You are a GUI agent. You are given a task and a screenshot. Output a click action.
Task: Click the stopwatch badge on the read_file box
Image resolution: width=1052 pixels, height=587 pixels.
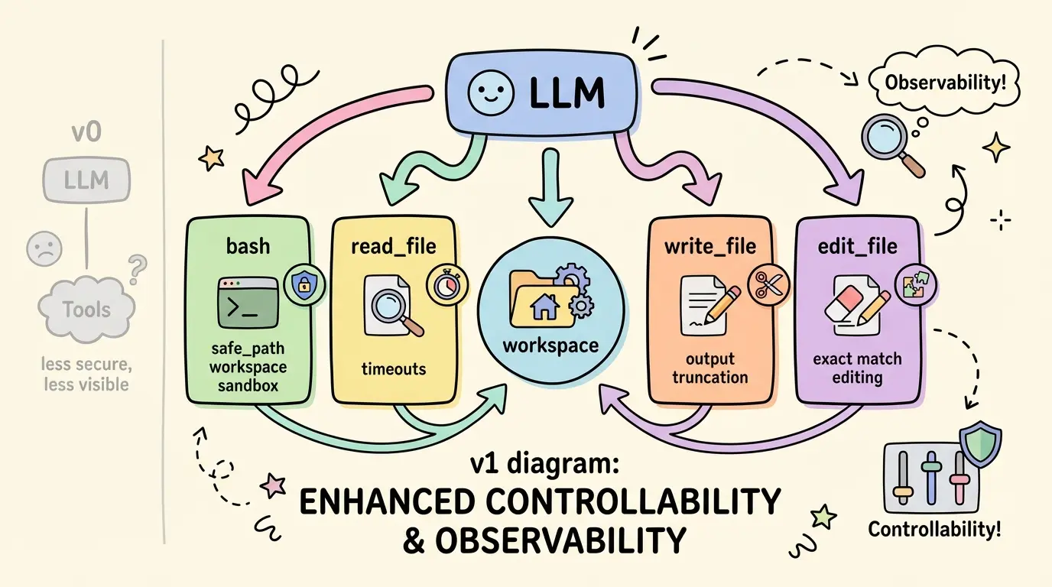point(444,284)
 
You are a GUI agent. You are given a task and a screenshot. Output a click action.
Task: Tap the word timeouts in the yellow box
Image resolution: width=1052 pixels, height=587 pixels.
point(394,368)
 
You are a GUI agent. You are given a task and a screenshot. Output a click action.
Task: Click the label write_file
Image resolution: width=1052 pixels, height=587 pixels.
point(710,246)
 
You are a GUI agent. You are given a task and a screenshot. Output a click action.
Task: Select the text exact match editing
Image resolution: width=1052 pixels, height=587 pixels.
point(857,368)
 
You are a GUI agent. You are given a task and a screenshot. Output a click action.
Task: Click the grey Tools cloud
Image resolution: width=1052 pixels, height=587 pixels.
point(86,310)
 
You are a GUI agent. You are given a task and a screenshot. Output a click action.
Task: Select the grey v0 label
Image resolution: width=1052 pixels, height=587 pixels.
point(86,132)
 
